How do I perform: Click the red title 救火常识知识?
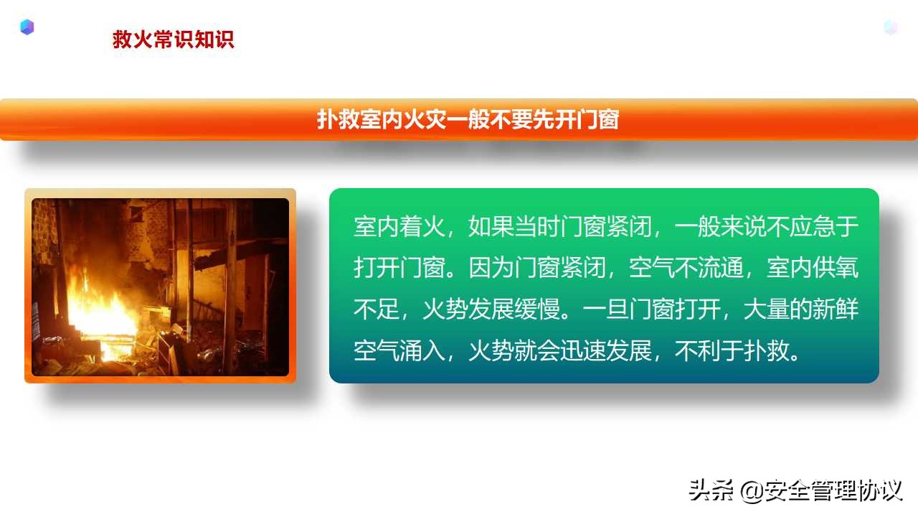click(x=173, y=39)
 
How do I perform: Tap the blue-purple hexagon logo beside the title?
click(x=27, y=28)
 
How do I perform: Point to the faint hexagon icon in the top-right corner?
click(x=890, y=28)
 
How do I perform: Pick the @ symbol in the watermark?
click(x=752, y=492)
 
